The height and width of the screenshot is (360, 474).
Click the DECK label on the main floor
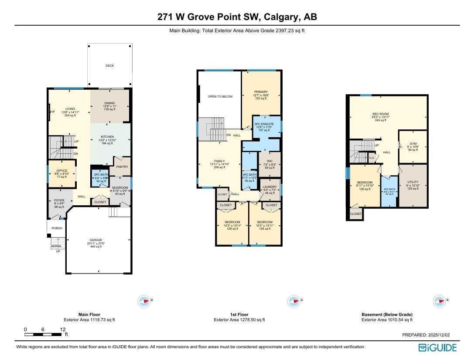[x=109, y=66]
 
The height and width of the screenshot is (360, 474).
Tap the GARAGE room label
[x=95, y=240]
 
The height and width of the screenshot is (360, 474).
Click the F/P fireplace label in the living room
[x=52, y=112]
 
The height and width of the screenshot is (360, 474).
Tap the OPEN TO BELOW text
[x=220, y=96]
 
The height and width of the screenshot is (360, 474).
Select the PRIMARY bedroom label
[x=261, y=92]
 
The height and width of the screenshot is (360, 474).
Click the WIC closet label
[x=269, y=161]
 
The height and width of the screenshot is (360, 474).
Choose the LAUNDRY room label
[x=269, y=187]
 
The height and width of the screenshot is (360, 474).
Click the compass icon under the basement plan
[x=438, y=301]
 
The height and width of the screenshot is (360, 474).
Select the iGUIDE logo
[x=437, y=347]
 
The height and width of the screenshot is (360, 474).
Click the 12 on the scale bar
[x=63, y=329]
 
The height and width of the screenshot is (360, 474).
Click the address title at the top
[x=237, y=17]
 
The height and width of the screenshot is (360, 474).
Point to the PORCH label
[x=57, y=228]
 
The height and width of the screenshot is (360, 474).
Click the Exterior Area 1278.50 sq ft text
[x=239, y=319]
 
